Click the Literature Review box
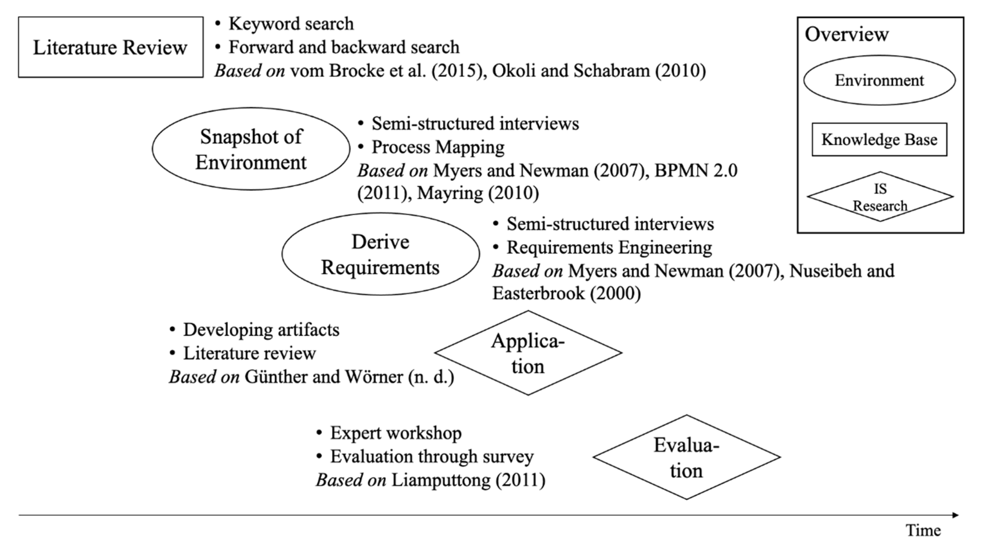coord(110,47)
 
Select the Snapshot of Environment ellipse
coord(251,149)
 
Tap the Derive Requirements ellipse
coord(380,254)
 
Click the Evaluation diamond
coord(686,457)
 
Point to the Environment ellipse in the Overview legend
coord(879,80)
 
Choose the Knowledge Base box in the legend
coord(879,140)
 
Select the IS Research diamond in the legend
coord(880,197)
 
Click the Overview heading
coord(846,34)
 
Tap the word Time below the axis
coord(923,530)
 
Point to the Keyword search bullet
coord(291,24)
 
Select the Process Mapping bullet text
coord(438,147)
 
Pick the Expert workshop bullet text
coord(396,433)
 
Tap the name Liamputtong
coord(441,480)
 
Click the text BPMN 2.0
coord(696,170)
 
